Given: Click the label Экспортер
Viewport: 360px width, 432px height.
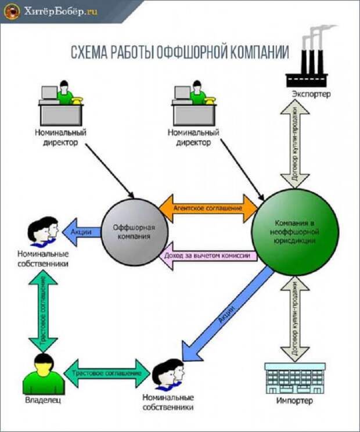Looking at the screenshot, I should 311,93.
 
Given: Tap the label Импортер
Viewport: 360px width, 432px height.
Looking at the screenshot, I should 294,401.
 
